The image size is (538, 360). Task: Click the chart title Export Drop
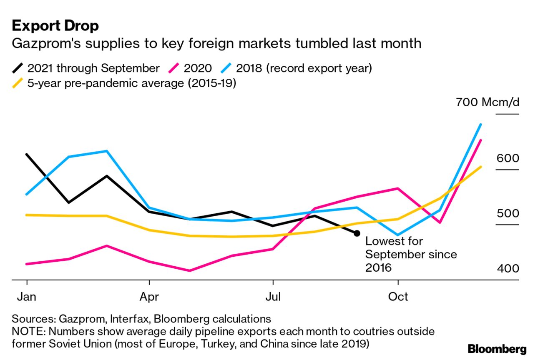coord(55,26)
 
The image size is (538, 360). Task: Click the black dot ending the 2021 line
coord(357,233)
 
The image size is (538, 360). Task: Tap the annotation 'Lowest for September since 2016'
coord(411,254)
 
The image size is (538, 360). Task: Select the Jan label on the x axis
coord(26,297)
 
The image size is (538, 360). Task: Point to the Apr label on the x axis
coord(149,297)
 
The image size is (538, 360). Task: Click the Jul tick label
coord(273,297)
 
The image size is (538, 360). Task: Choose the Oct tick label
coord(398,297)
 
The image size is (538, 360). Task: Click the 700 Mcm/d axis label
coord(488,102)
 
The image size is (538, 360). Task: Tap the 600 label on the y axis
coord(508,158)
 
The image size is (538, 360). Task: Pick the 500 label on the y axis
coord(508,214)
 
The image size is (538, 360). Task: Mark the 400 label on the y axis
coord(508,269)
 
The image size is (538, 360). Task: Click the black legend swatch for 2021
coord(18,68)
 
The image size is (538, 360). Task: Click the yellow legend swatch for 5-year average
coord(18,83)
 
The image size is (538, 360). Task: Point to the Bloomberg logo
coord(497,349)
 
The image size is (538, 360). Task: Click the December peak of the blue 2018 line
coord(481,124)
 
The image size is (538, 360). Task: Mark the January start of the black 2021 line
coord(27,154)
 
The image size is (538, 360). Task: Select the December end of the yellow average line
coord(481,167)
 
